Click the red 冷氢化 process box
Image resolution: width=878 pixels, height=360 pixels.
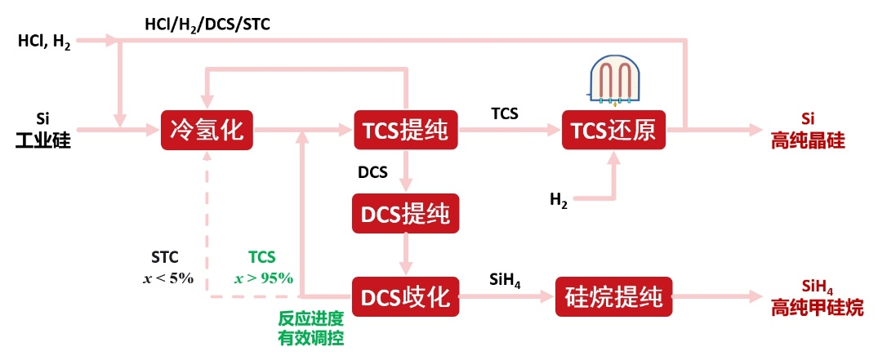coord(207,130)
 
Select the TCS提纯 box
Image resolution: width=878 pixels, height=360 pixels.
coord(406,130)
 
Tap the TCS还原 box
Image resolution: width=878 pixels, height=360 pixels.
coord(613,130)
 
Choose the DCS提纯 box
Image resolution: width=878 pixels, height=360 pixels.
coord(406,214)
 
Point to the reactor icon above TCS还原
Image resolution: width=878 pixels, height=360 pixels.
coord(614,82)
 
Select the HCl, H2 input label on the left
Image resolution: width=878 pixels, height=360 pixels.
coord(44,42)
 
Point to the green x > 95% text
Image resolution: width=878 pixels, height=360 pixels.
coord(263,278)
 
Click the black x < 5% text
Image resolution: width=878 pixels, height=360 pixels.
coord(168,278)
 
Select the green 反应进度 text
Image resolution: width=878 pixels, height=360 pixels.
coord(311,319)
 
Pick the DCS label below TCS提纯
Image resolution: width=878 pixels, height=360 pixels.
coord(372,172)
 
